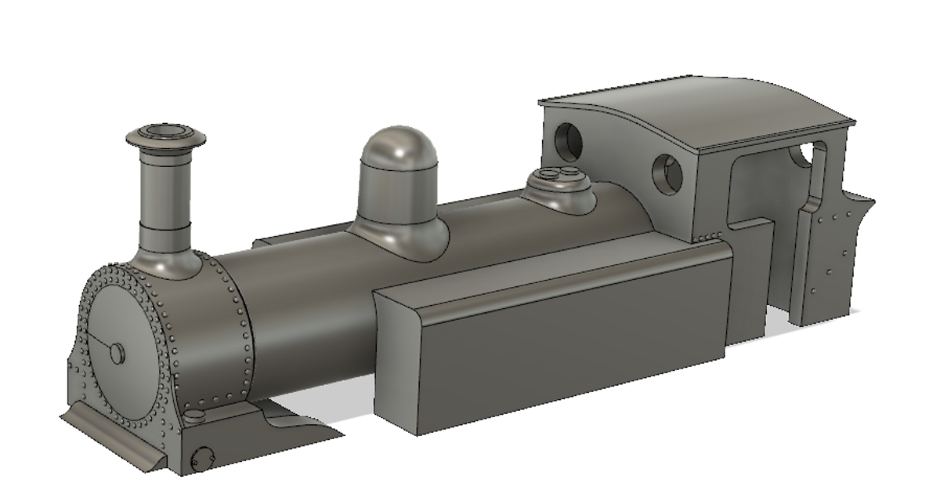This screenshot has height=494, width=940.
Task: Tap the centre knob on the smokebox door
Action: click(x=117, y=354)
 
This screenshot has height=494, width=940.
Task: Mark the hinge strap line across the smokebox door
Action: click(x=99, y=342)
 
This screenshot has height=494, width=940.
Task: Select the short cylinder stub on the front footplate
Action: click(x=196, y=415)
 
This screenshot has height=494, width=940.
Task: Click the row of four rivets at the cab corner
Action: click(x=710, y=236)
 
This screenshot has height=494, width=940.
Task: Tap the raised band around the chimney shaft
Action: click(x=165, y=227)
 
